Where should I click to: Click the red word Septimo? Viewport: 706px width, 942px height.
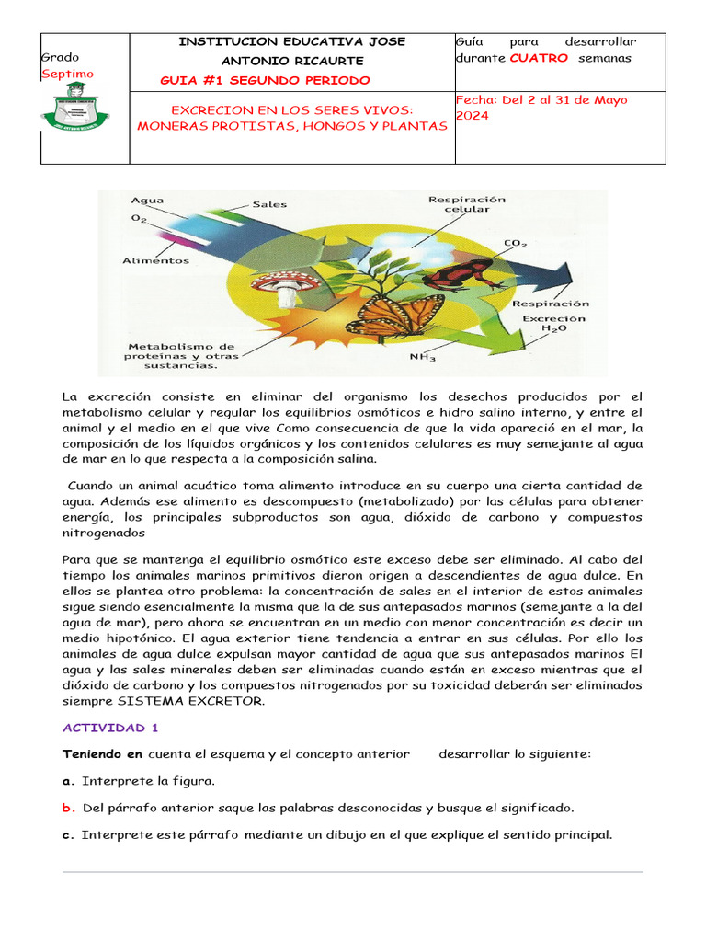[x=67, y=74]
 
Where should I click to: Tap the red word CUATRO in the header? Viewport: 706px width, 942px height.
[x=539, y=58]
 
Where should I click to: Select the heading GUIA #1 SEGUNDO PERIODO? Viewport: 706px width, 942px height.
[x=265, y=80]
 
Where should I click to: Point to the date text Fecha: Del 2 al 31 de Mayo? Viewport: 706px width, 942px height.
[x=541, y=99]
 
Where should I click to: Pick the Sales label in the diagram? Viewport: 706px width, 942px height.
[x=270, y=204]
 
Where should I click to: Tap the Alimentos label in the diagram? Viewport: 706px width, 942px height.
[x=156, y=260]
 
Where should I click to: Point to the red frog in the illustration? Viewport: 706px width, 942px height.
[x=468, y=274]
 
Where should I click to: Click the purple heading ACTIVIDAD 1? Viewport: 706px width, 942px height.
[x=110, y=728]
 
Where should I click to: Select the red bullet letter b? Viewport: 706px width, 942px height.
[x=67, y=808]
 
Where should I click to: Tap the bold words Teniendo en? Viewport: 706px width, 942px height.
[x=102, y=754]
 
